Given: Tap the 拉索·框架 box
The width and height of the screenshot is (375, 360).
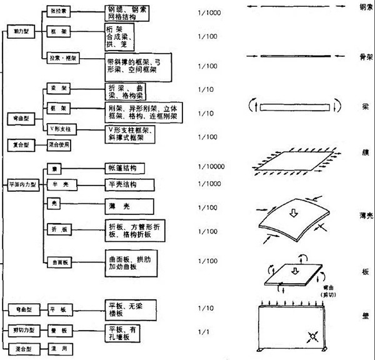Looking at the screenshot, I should tap(61, 57).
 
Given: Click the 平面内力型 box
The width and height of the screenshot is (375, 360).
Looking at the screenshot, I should tap(24, 185).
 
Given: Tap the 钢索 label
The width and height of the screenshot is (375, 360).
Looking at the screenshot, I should tap(366, 8).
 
